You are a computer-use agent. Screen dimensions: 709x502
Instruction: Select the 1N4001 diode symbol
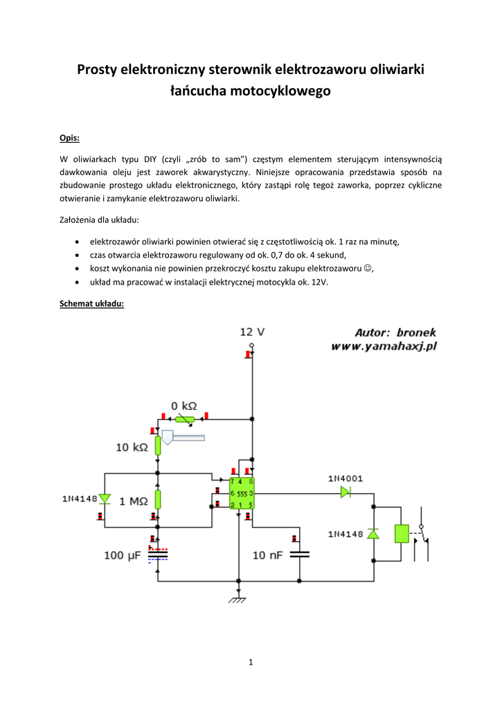point(345,492)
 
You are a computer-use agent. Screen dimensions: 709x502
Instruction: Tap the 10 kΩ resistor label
point(132,447)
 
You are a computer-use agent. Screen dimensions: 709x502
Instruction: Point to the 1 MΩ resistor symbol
point(158,499)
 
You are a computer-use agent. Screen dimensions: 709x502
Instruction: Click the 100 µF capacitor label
point(123,555)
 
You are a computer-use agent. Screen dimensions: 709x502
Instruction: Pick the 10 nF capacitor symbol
point(300,554)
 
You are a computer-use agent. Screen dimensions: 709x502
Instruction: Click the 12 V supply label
point(252,332)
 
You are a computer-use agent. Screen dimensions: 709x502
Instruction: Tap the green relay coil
point(402,533)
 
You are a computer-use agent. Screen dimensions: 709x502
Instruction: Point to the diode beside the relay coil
point(373,534)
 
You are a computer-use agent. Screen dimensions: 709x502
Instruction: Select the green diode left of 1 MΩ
point(105,499)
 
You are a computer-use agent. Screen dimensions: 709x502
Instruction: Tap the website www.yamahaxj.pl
point(384,347)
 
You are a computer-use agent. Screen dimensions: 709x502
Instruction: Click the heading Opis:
point(69,137)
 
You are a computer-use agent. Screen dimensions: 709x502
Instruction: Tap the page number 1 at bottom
point(251,663)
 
